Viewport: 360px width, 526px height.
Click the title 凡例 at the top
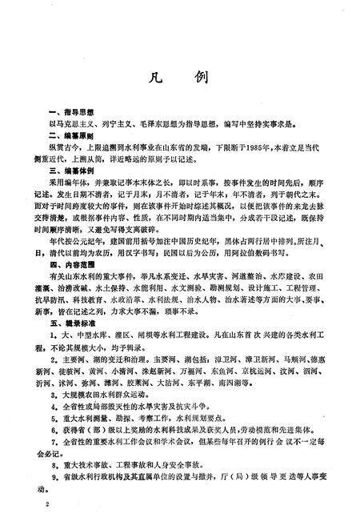(179, 80)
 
